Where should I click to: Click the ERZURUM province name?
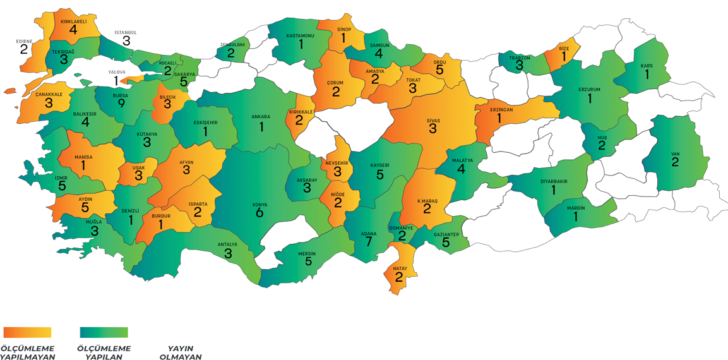click(590, 90)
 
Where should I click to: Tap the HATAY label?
click(399, 268)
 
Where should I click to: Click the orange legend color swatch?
click(27, 332)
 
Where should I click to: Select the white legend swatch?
click(180, 332)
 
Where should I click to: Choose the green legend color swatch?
click(104, 332)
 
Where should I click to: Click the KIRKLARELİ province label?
click(73, 21)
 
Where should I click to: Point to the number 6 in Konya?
click(260, 214)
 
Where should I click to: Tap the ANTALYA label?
click(227, 244)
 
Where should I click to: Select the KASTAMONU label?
click(301, 36)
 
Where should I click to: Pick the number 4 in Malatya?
click(461, 169)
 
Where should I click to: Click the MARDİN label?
click(575, 208)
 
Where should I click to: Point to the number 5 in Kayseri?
click(380, 174)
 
